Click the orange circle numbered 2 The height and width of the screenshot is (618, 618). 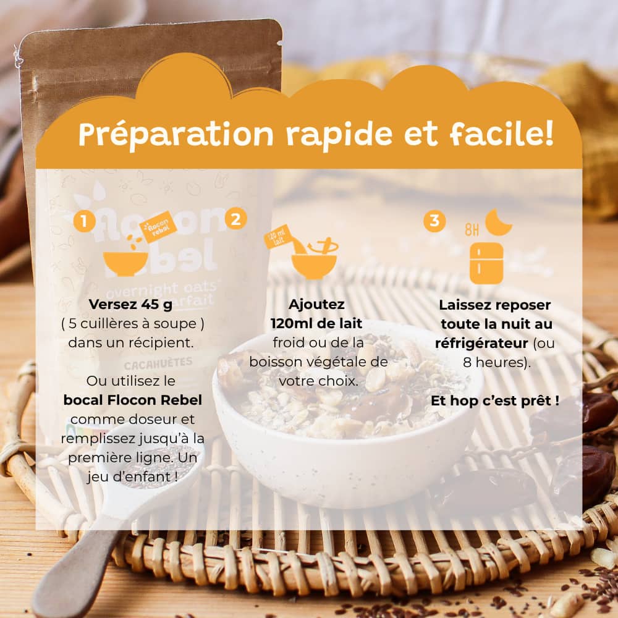click(235, 218)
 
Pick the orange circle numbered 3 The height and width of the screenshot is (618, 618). click(434, 221)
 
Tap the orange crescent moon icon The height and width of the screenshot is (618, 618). click(498, 222)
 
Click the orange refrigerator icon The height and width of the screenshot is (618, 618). click(486, 263)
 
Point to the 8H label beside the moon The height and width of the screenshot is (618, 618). click(472, 231)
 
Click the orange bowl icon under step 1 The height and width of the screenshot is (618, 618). click(125, 263)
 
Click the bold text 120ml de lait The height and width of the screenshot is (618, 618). click(316, 323)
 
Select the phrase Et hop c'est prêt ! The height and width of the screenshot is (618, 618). click(495, 400)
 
